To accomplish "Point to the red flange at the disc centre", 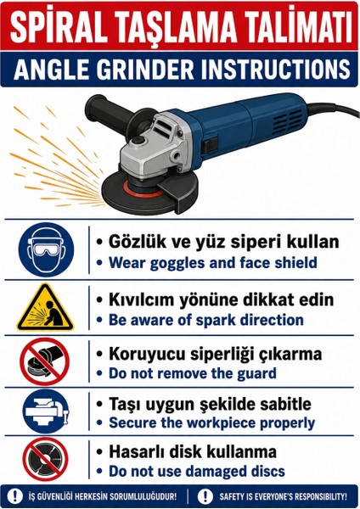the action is coord(142,191).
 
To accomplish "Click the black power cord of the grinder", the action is coord(335,110).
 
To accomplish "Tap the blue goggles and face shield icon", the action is coord(46,249).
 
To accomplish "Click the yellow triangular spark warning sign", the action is coord(45,308).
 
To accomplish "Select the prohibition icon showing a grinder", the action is coord(45,361).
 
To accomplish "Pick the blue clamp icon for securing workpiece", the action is coord(46,411).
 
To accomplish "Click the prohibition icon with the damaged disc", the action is coord(45,459).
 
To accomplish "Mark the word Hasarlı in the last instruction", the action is coord(136,451).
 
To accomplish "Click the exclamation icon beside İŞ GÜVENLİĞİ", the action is coord(14,496).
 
